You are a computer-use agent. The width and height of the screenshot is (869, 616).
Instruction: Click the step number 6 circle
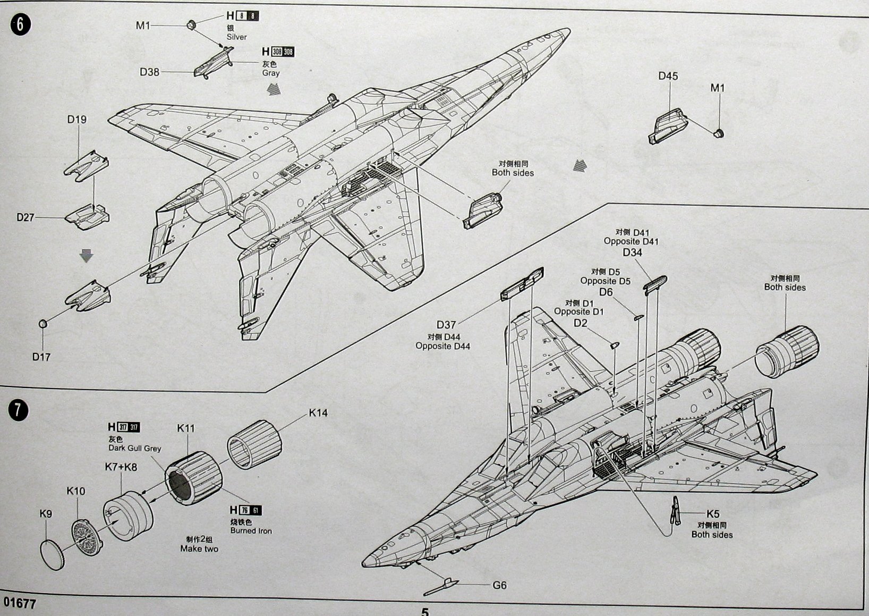(20, 25)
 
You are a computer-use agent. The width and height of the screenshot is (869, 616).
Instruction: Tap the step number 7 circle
(19, 410)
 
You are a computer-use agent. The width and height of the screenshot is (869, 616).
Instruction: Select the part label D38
(149, 72)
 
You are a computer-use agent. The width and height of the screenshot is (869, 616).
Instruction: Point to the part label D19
(76, 120)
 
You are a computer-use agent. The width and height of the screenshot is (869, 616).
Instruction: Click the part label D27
(25, 217)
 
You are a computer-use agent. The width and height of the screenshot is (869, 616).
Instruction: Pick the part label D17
(41, 357)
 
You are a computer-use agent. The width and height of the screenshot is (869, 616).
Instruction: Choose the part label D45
(668, 76)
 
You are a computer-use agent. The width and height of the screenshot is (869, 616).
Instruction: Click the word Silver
(236, 37)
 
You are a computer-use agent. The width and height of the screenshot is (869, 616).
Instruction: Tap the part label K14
(318, 413)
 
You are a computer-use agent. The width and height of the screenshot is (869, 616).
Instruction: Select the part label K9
(46, 514)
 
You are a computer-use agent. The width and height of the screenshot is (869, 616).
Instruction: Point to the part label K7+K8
(121, 467)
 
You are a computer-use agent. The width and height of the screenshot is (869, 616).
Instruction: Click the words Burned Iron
(251, 530)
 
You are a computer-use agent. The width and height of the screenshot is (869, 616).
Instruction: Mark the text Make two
(199, 549)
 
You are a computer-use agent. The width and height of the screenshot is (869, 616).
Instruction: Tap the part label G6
(499, 585)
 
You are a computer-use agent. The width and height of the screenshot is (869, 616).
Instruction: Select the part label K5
(713, 514)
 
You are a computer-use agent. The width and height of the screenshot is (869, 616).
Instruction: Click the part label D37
(446, 325)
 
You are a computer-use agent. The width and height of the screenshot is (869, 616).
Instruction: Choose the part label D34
(632, 252)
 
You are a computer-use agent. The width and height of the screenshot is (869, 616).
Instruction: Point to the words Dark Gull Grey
(134, 448)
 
